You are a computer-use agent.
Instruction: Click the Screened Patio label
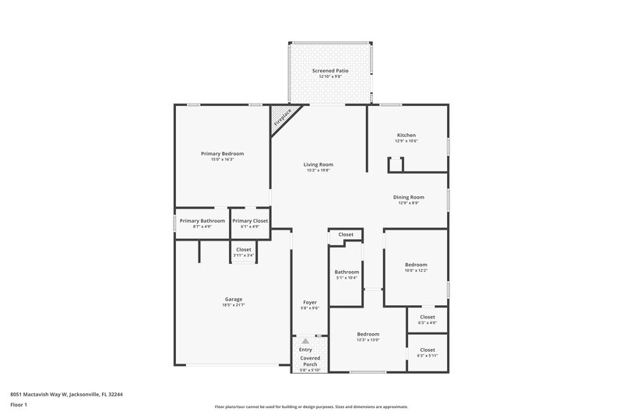(x=330, y=71)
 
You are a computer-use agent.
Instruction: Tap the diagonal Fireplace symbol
(x=282, y=118)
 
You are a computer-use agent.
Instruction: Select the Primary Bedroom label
(x=222, y=153)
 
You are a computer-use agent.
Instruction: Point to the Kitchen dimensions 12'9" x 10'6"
(x=407, y=141)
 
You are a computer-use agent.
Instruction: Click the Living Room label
(x=319, y=164)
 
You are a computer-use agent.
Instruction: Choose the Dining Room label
(x=408, y=197)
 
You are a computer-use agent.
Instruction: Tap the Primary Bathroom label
(x=202, y=220)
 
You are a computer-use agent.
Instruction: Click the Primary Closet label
(x=250, y=220)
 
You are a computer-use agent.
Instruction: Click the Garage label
(x=234, y=299)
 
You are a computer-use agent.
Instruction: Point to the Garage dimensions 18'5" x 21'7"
(x=234, y=304)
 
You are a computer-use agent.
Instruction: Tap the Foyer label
(x=310, y=302)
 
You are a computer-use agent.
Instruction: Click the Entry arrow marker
(x=305, y=341)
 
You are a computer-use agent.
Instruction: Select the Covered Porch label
(x=309, y=361)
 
